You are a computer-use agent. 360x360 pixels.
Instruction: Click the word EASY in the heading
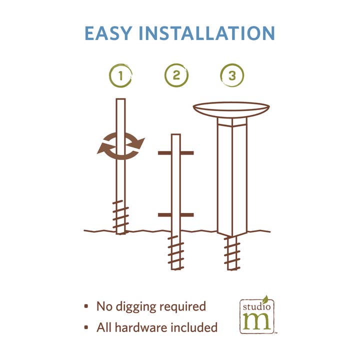pyautogui.click(x=108, y=33)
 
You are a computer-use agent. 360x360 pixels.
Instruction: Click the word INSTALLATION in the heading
pyautogui.click(x=207, y=33)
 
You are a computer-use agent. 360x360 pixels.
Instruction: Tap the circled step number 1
pyautogui.click(x=120, y=75)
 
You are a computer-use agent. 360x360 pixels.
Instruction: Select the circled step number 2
pyautogui.click(x=176, y=75)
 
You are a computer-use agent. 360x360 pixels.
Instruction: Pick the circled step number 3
pyautogui.click(x=232, y=75)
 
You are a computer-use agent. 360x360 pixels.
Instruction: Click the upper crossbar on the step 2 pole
pyautogui.click(x=176, y=153)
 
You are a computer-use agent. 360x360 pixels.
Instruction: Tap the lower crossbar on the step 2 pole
pyautogui.click(x=176, y=215)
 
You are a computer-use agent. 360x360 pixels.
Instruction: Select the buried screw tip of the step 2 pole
pyautogui.click(x=176, y=252)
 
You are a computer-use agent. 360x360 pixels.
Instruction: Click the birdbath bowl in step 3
pyautogui.click(x=231, y=110)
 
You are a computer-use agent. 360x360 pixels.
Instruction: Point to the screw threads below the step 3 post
pyautogui.click(x=232, y=253)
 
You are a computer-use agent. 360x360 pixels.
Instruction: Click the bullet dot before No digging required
pyautogui.click(x=86, y=306)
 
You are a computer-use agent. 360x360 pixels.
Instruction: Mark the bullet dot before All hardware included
pyautogui.click(x=86, y=327)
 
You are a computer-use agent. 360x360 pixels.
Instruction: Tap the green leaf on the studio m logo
pyautogui.click(x=265, y=298)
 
